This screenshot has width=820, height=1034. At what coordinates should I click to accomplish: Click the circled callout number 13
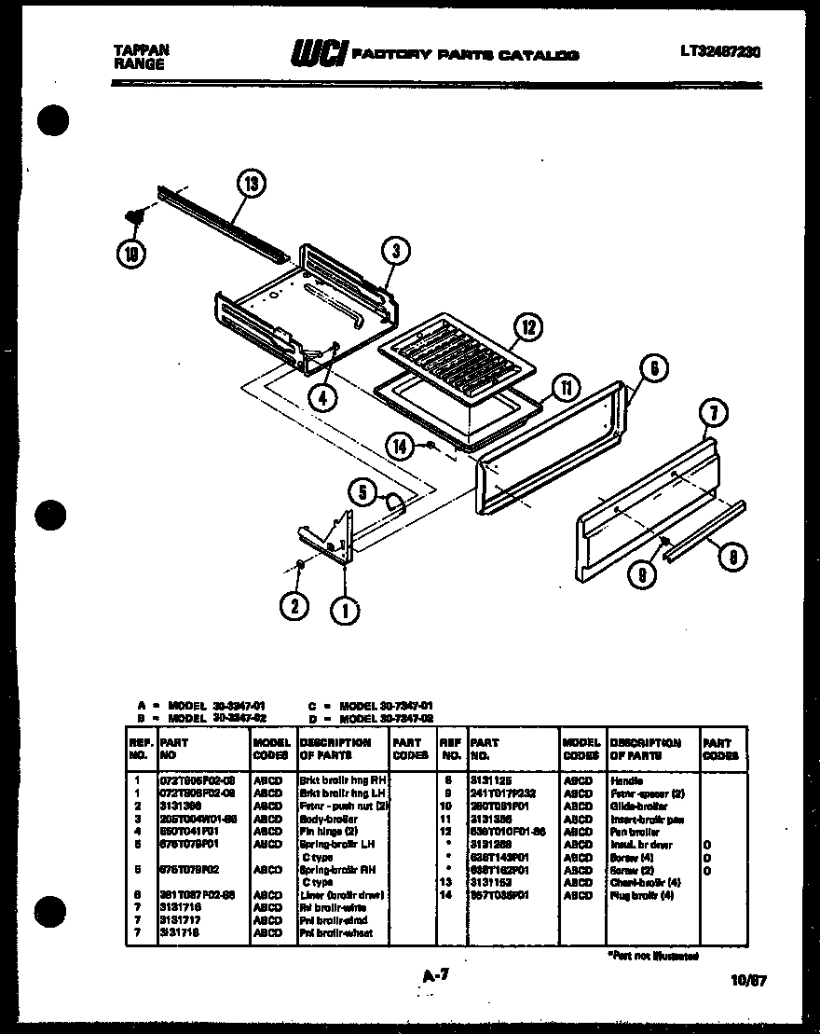(250, 184)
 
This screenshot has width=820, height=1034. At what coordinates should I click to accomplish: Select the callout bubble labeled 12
(527, 326)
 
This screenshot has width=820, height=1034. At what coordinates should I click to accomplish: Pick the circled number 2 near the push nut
(294, 606)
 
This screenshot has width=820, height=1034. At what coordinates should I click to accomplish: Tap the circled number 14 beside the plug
(401, 448)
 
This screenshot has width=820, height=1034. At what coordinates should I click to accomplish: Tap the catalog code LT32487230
(719, 52)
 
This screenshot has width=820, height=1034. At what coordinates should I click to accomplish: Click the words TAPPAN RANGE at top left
(139, 58)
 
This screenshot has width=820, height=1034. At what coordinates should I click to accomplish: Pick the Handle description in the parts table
(626, 779)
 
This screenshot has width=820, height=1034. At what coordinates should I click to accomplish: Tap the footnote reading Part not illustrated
(652, 956)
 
